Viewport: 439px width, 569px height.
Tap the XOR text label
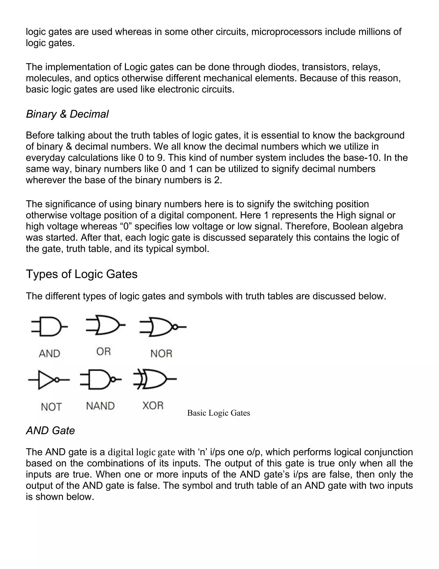[x=153, y=405]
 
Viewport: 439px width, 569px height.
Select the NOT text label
[x=51, y=407]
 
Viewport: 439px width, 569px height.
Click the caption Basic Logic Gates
[x=218, y=413]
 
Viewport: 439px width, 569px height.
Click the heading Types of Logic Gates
[x=81, y=274]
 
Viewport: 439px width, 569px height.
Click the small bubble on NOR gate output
[x=175, y=327]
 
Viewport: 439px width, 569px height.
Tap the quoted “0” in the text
[x=126, y=226]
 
